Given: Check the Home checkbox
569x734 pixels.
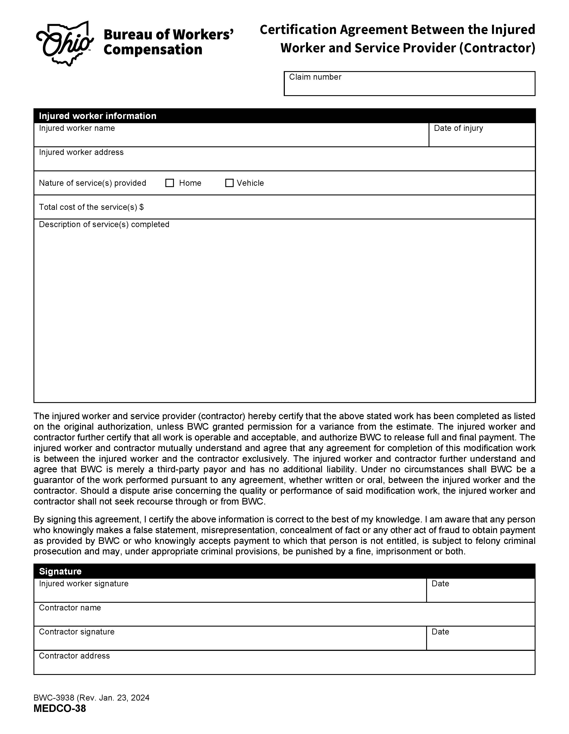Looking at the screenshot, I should (x=170, y=183).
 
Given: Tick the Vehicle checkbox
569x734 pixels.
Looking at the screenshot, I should (x=229, y=183).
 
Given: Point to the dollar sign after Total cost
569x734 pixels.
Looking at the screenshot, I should (x=142, y=207).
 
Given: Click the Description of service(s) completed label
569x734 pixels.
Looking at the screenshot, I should (x=104, y=224).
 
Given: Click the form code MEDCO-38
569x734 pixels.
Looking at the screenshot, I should (x=60, y=708).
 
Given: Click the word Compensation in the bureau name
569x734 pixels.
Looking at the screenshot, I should (x=153, y=50).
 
